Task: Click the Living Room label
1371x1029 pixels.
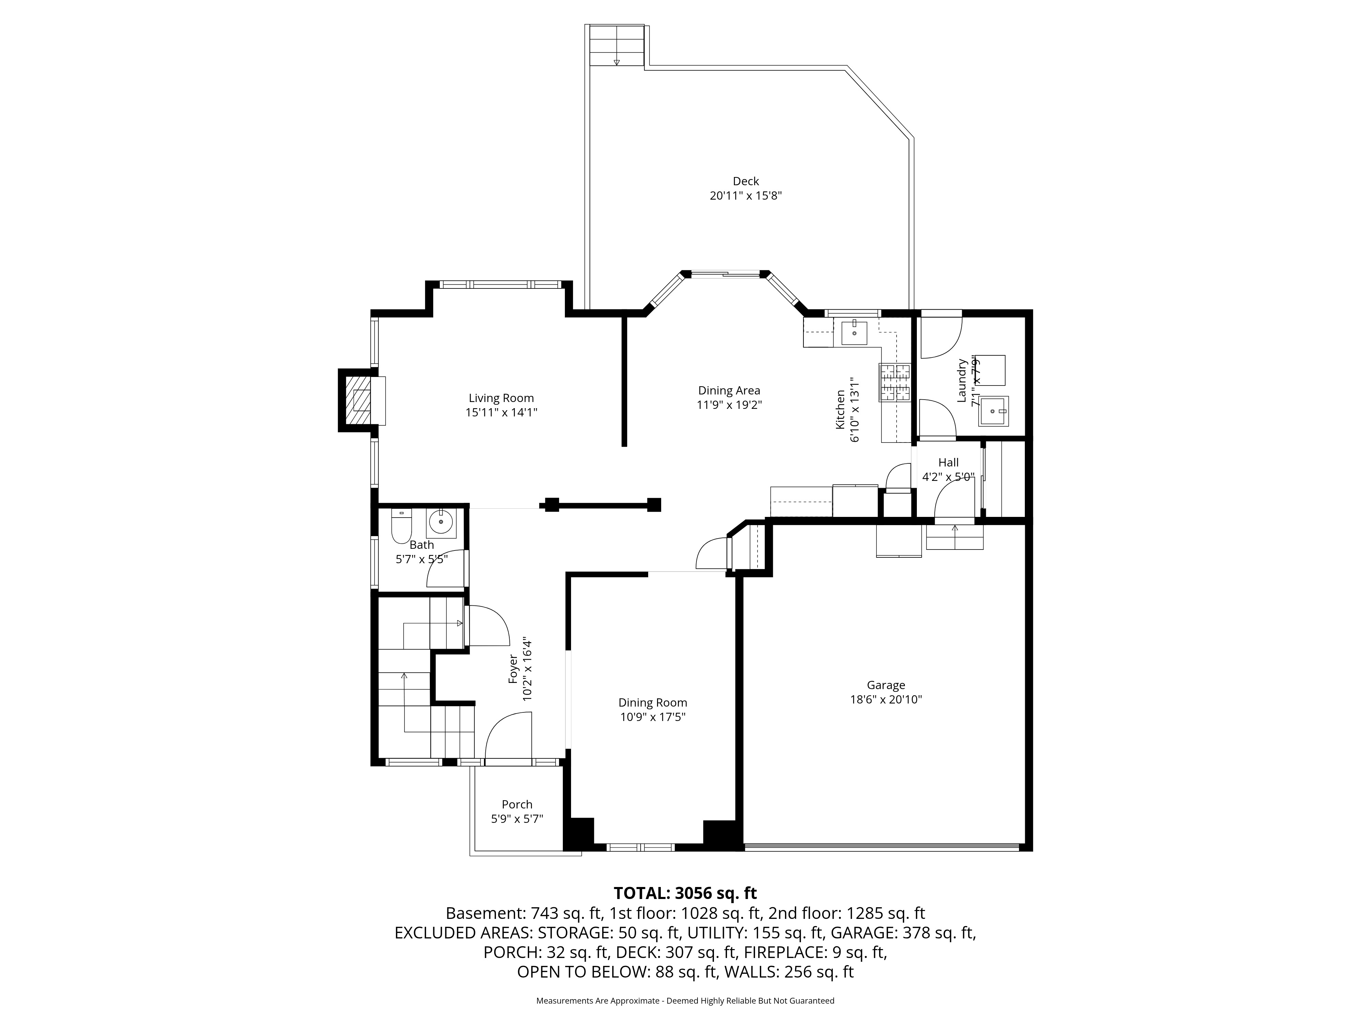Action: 501,398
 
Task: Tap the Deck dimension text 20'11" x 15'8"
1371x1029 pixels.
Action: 745,196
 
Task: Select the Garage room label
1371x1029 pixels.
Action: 886,685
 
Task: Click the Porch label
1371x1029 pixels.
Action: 517,804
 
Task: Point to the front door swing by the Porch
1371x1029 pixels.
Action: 508,735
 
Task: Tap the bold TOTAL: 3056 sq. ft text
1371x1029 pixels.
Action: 685,893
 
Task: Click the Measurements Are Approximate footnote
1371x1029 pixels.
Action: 685,1001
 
